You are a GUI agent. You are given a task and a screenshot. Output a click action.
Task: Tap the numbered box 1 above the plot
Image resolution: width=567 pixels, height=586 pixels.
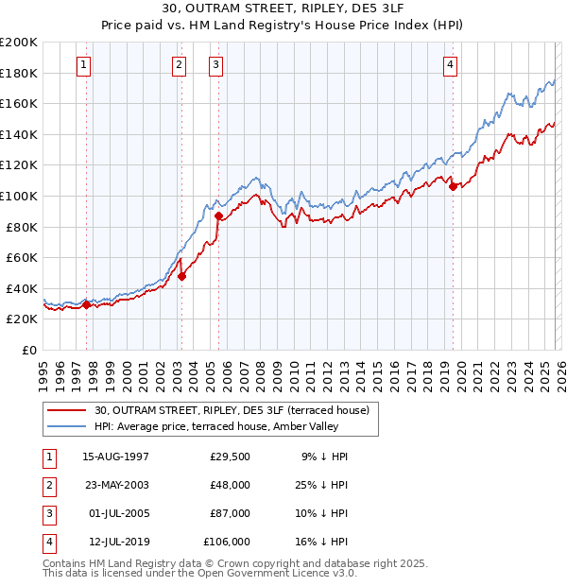pos(84,65)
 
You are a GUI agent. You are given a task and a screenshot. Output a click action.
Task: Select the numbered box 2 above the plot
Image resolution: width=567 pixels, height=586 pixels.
pos(179,65)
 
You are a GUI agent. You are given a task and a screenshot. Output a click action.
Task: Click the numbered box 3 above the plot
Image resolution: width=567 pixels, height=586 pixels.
pos(215,65)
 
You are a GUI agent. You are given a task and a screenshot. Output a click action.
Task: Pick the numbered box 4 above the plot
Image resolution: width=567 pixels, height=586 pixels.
pos(450,65)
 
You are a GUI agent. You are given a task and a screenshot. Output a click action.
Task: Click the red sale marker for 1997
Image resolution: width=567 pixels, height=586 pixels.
pos(87,304)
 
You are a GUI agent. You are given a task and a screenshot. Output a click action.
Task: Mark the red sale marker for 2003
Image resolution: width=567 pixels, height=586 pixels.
pos(182,276)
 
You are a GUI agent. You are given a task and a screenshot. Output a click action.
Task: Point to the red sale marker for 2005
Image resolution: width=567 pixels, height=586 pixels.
pos(218,215)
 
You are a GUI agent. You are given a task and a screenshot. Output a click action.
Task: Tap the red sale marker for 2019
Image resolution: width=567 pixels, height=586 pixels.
pos(453,186)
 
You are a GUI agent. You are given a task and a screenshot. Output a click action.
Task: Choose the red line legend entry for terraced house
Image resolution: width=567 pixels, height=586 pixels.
pos(236,410)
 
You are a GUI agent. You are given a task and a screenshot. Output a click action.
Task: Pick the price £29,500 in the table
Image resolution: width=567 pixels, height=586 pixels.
pos(230,457)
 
